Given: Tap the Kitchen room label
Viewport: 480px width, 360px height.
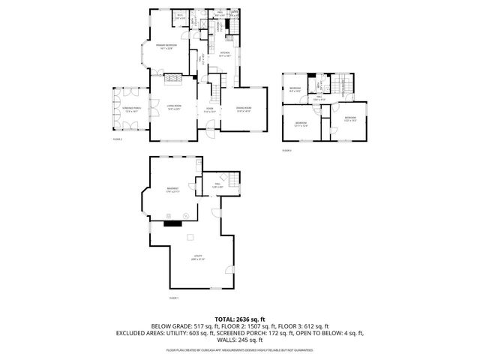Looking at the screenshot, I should (224, 53).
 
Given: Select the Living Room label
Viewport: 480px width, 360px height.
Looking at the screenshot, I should (175, 108).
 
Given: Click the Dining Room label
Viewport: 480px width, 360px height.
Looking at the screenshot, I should (243, 110).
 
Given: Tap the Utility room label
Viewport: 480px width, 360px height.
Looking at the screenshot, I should (198, 257).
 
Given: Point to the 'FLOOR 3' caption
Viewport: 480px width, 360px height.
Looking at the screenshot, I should (286, 151).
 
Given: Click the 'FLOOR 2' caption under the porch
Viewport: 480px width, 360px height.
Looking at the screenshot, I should (117, 139).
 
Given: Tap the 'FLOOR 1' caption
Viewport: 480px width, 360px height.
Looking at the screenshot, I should (173, 298).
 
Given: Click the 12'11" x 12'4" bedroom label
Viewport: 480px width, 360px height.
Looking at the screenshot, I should (301, 124).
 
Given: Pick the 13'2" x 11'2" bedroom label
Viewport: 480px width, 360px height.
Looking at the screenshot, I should (350, 118).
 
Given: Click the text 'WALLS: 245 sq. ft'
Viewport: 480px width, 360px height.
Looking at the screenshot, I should (239, 339).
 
